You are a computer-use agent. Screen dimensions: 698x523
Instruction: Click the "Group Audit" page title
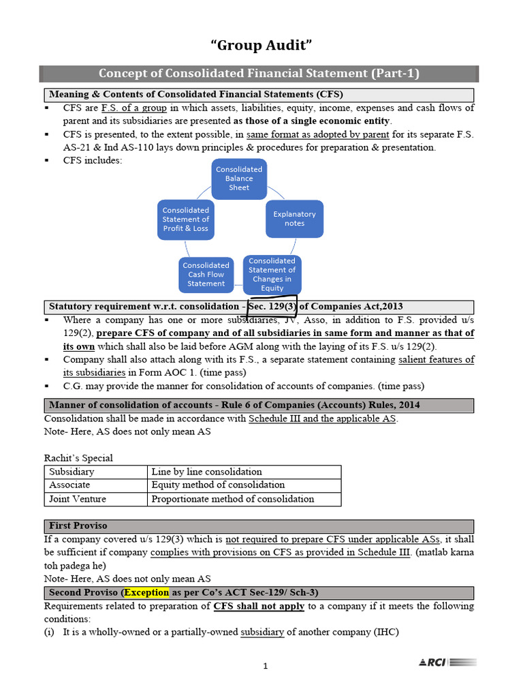pyautogui.click(x=262, y=46)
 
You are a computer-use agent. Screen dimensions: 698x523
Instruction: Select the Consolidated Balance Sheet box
pyautogui.click(x=239, y=179)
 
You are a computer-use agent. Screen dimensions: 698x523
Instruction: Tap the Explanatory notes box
pyautogui.click(x=294, y=219)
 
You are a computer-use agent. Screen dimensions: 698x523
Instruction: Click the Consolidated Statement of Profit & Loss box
pyautogui.click(x=185, y=219)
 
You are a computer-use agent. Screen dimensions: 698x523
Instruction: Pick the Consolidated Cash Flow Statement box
pyautogui.click(x=206, y=274)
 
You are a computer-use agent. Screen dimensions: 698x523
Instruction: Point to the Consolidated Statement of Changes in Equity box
pyautogui.click(x=272, y=274)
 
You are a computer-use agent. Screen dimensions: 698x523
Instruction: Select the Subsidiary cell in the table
pyautogui.click(x=96, y=472)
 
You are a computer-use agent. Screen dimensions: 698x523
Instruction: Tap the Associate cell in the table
pyautogui.click(x=96, y=485)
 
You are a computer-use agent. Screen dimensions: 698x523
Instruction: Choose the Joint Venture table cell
pyautogui.click(x=96, y=499)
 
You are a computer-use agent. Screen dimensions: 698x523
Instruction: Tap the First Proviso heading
pyautogui.click(x=78, y=526)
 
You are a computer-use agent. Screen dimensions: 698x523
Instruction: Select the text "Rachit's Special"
pyautogui.click(x=78, y=458)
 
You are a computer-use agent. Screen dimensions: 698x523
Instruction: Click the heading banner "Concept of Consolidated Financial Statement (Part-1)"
pyautogui.click(x=259, y=74)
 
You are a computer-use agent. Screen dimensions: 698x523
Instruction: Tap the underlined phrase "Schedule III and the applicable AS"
pyautogui.click(x=323, y=419)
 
